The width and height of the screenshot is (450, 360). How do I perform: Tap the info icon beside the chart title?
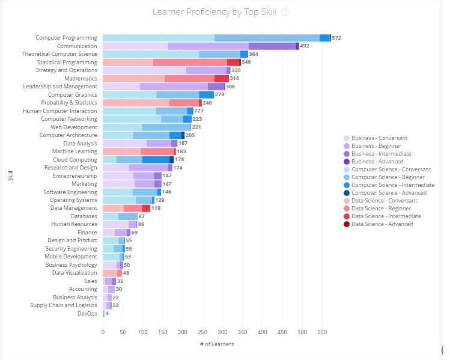pos(285,12)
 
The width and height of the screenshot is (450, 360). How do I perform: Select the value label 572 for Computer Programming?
pos(336,38)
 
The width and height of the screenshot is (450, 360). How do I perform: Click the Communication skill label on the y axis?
pos(76,46)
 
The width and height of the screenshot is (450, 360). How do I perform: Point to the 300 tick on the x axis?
pos(222,331)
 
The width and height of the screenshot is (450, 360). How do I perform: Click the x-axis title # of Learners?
pos(217,344)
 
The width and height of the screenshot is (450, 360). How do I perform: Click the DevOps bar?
pos(104,314)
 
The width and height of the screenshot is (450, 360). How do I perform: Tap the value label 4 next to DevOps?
pos(108,314)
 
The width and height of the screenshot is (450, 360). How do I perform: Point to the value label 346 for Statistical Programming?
pos(246,63)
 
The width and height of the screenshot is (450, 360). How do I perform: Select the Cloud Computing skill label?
pos(74,159)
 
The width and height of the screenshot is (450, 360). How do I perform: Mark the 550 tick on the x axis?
pos(322,331)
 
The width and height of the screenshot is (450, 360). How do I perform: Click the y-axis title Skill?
pos(10,176)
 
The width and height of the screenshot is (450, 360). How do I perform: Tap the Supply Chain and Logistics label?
pos(64,305)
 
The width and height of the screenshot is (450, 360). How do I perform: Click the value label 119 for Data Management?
pos(156,208)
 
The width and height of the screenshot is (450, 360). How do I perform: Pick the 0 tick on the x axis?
pos(103,331)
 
